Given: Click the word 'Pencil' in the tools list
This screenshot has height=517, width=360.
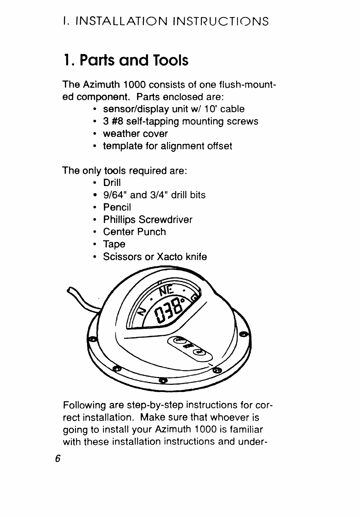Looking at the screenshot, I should tap(117, 207).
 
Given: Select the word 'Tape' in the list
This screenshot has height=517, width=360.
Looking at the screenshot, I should tap(114, 244).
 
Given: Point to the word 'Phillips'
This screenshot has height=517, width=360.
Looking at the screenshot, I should tap(119, 219).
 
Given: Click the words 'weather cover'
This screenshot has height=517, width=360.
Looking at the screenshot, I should tap(135, 133).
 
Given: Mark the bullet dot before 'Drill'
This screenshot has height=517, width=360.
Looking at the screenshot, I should tap(95, 182).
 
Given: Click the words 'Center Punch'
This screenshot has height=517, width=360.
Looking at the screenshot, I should tap(134, 232).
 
